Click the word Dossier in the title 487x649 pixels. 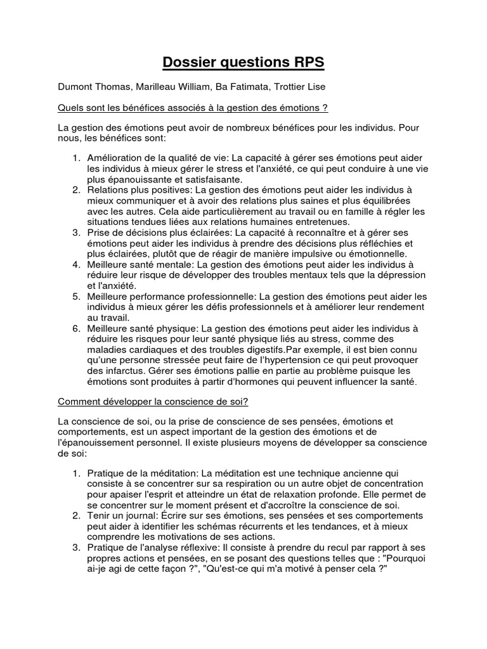pyautogui.click(x=191, y=62)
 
